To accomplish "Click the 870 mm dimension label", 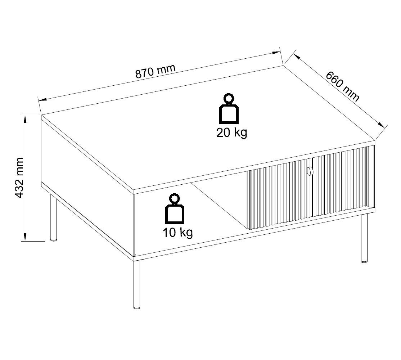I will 155,72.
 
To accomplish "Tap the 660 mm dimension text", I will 342,86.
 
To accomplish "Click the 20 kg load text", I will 231,133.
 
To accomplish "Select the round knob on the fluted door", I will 310,171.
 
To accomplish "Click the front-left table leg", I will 136,284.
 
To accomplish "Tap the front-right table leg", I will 364,238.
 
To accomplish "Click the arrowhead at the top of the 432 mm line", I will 25,119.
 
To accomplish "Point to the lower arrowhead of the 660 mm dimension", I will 383,126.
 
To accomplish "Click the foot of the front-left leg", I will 136,307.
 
